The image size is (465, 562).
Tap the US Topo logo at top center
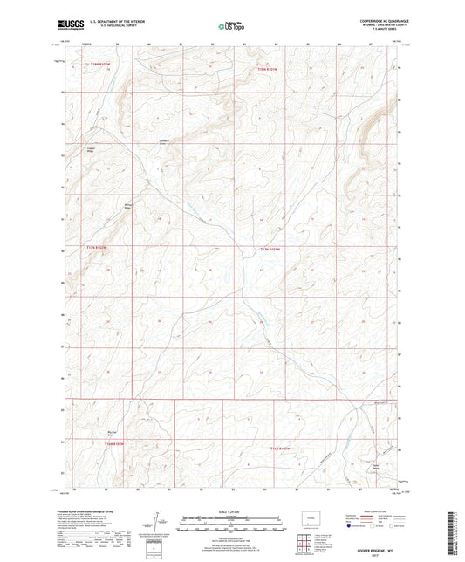click(x=229, y=28)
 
